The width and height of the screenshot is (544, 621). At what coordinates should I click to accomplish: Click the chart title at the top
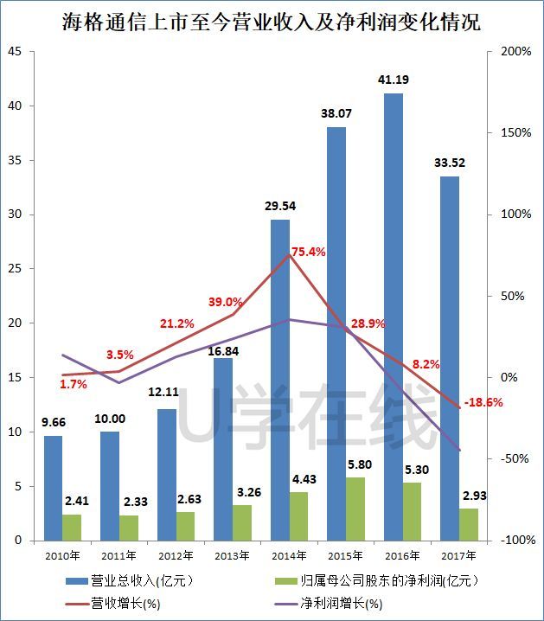pos(272,21)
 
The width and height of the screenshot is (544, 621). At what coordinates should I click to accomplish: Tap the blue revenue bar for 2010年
pos(54,488)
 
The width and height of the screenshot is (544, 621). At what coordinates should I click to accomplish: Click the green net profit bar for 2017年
pos(468,524)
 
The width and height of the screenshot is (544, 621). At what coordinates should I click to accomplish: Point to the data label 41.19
pos(393,80)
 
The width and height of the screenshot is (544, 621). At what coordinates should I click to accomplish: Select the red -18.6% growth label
pos(483,402)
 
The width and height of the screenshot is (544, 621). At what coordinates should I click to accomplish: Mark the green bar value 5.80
pos(355,464)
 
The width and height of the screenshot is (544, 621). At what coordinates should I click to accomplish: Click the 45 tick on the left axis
pos(14,52)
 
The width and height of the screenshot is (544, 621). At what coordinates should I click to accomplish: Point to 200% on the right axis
pos(516,52)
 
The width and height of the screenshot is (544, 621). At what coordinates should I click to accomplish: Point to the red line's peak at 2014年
pos(289,255)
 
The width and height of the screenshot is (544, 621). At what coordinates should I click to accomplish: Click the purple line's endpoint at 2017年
pos(459,451)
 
